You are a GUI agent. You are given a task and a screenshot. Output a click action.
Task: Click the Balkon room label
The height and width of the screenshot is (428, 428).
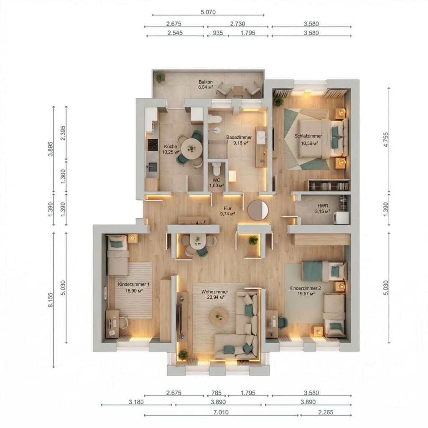point(206,82)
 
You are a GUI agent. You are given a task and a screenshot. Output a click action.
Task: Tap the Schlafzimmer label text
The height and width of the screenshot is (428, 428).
point(308,136)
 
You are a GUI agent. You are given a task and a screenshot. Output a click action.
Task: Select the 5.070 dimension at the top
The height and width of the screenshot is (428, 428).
point(208,12)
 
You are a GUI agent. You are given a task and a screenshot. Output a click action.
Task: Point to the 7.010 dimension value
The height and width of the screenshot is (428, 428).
point(221,412)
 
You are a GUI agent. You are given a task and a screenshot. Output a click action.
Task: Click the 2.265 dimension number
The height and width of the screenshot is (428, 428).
point(326,412)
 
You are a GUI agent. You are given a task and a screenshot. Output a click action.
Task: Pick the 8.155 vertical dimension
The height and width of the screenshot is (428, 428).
point(51,300)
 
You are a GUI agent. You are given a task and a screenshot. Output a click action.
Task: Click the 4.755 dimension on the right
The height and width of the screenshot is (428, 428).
point(385,140)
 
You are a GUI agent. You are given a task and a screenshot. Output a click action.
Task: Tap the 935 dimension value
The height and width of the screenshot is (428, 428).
point(218,33)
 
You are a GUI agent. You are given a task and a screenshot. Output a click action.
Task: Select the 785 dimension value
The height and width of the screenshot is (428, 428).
point(217,393)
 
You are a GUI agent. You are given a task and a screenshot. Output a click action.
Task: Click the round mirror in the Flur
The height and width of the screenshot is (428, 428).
point(258,210)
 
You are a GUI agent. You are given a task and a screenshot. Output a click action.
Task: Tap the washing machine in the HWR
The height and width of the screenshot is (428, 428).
point(341,218)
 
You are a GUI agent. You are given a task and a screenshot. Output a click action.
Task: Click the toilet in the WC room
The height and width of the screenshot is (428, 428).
point(216,169)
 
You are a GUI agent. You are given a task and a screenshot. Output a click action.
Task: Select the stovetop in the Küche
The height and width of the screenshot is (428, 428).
point(153,145)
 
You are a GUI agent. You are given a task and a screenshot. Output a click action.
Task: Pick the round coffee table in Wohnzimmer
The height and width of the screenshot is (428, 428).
point(219,317)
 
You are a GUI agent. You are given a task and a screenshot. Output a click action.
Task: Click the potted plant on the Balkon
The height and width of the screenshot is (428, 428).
point(160,77)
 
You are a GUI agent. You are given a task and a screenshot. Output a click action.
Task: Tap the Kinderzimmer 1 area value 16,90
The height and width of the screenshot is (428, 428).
point(134,291)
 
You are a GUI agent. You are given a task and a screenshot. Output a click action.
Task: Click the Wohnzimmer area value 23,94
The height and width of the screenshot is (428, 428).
point(215,297)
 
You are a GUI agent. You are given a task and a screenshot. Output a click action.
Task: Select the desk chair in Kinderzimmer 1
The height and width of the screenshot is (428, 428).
point(124,323)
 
